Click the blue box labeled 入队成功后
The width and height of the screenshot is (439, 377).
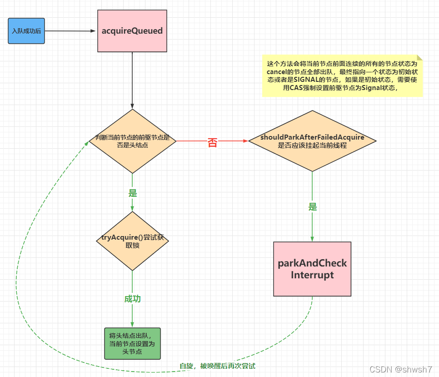[x=26, y=31]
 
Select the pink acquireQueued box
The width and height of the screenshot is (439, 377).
[x=132, y=31]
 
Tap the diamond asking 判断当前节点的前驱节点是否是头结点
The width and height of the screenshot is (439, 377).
[x=132, y=141]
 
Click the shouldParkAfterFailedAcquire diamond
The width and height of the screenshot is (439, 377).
[x=312, y=141]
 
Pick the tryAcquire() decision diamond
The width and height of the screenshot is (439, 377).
[x=132, y=241]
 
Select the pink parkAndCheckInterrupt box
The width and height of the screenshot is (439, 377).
[x=312, y=269]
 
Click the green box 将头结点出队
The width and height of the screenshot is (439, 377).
[x=132, y=343]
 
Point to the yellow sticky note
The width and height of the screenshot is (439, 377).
[x=342, y=75]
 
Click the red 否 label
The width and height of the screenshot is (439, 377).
[x=212, y=143]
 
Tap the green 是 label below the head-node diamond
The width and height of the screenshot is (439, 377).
[x=133, y=193]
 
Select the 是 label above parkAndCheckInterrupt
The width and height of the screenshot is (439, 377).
[x=313, y=206]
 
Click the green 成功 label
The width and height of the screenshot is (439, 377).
[x=133, y=299]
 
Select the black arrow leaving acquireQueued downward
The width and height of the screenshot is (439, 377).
[x=132, y=80]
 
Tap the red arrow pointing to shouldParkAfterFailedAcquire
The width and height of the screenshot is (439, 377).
[x=232, y=141]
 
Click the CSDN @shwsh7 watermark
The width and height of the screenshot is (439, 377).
[x=400, y=369]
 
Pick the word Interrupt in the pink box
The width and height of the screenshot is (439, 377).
[x=312, y=275]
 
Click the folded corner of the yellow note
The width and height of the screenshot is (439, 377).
[x=419, y=58]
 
